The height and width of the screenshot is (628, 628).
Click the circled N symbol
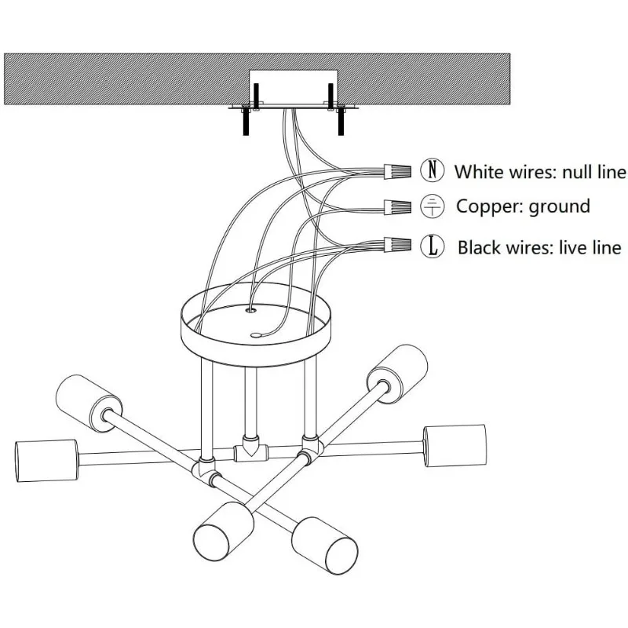click(432, 170)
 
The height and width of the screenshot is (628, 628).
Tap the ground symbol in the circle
click(432, 207)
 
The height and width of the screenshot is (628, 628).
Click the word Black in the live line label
click(479, 248)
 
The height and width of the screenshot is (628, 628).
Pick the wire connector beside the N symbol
click(399, 170)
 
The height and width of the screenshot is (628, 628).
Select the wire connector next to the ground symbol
click(399, 207)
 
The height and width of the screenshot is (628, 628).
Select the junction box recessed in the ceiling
click(292, 88)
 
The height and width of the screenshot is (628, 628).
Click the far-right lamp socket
click(451, 448)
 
